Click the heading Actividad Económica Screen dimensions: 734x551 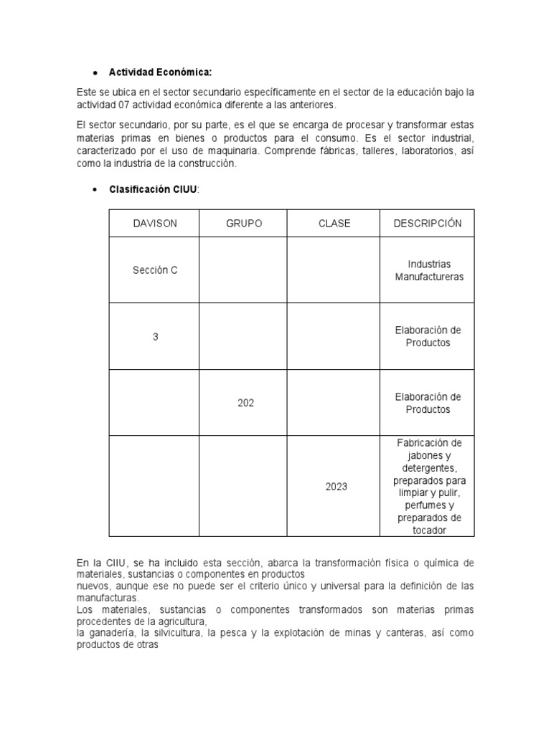[x=160, y=72]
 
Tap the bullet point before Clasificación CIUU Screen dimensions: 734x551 [x=95, y=189]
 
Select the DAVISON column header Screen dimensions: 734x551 [x=154, y=224]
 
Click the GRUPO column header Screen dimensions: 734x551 [x=244, y=224]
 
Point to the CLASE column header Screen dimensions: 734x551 [x=334, y=224]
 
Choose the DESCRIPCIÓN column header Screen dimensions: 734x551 [x=428, y=224]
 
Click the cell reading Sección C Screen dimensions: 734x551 [x=154, y=270]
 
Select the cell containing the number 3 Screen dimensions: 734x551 [x=155, y=336]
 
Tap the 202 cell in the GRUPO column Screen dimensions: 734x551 [x=245, y=403]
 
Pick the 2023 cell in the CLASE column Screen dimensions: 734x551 [x=336, y=487]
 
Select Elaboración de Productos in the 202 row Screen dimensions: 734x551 [x=428, y=403]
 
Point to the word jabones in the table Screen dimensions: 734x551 [x=428, y=455]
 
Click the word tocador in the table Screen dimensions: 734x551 [x=428, y=530]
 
